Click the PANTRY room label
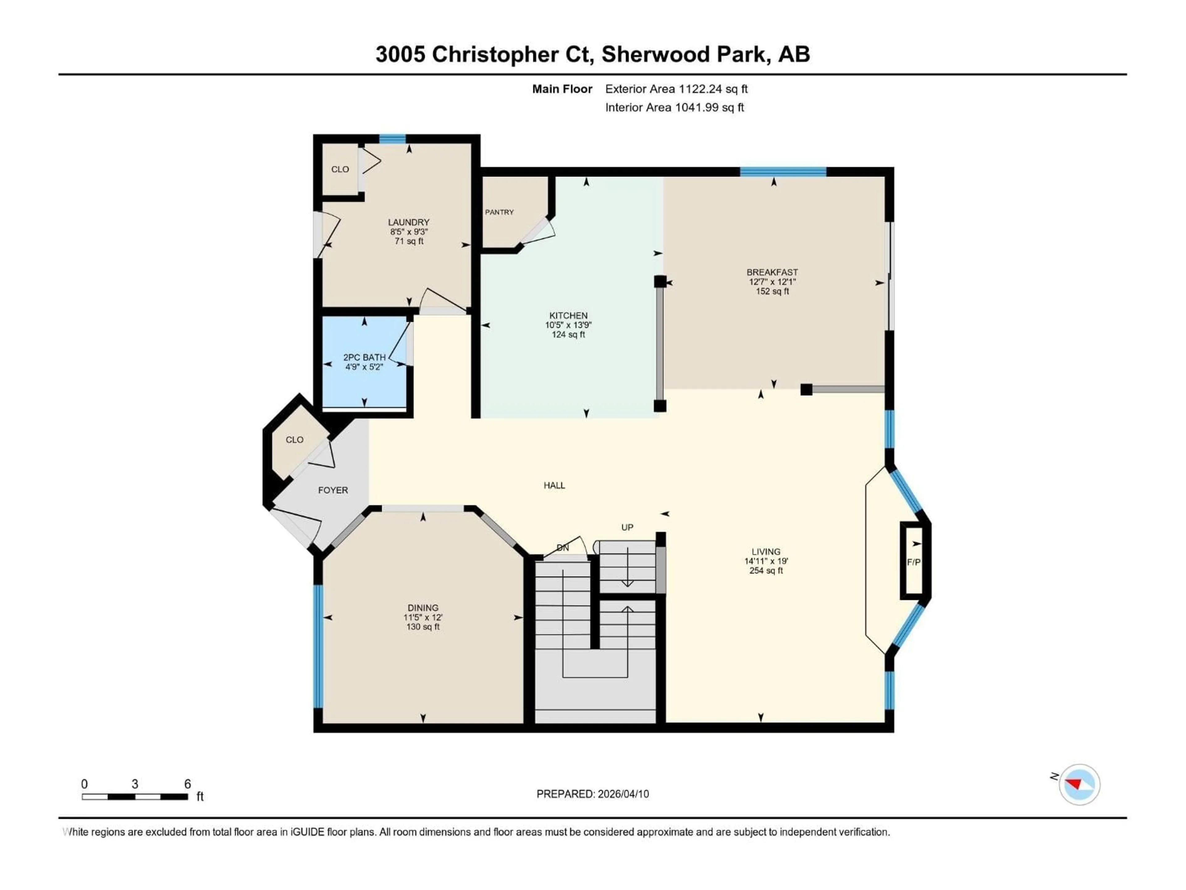499,212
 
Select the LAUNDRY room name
409,222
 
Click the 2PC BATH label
364,357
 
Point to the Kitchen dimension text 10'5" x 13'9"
568,325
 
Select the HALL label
554,485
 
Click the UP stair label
627,527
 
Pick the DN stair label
562,548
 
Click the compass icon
1079,784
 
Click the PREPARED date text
592,794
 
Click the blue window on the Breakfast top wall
783,172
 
